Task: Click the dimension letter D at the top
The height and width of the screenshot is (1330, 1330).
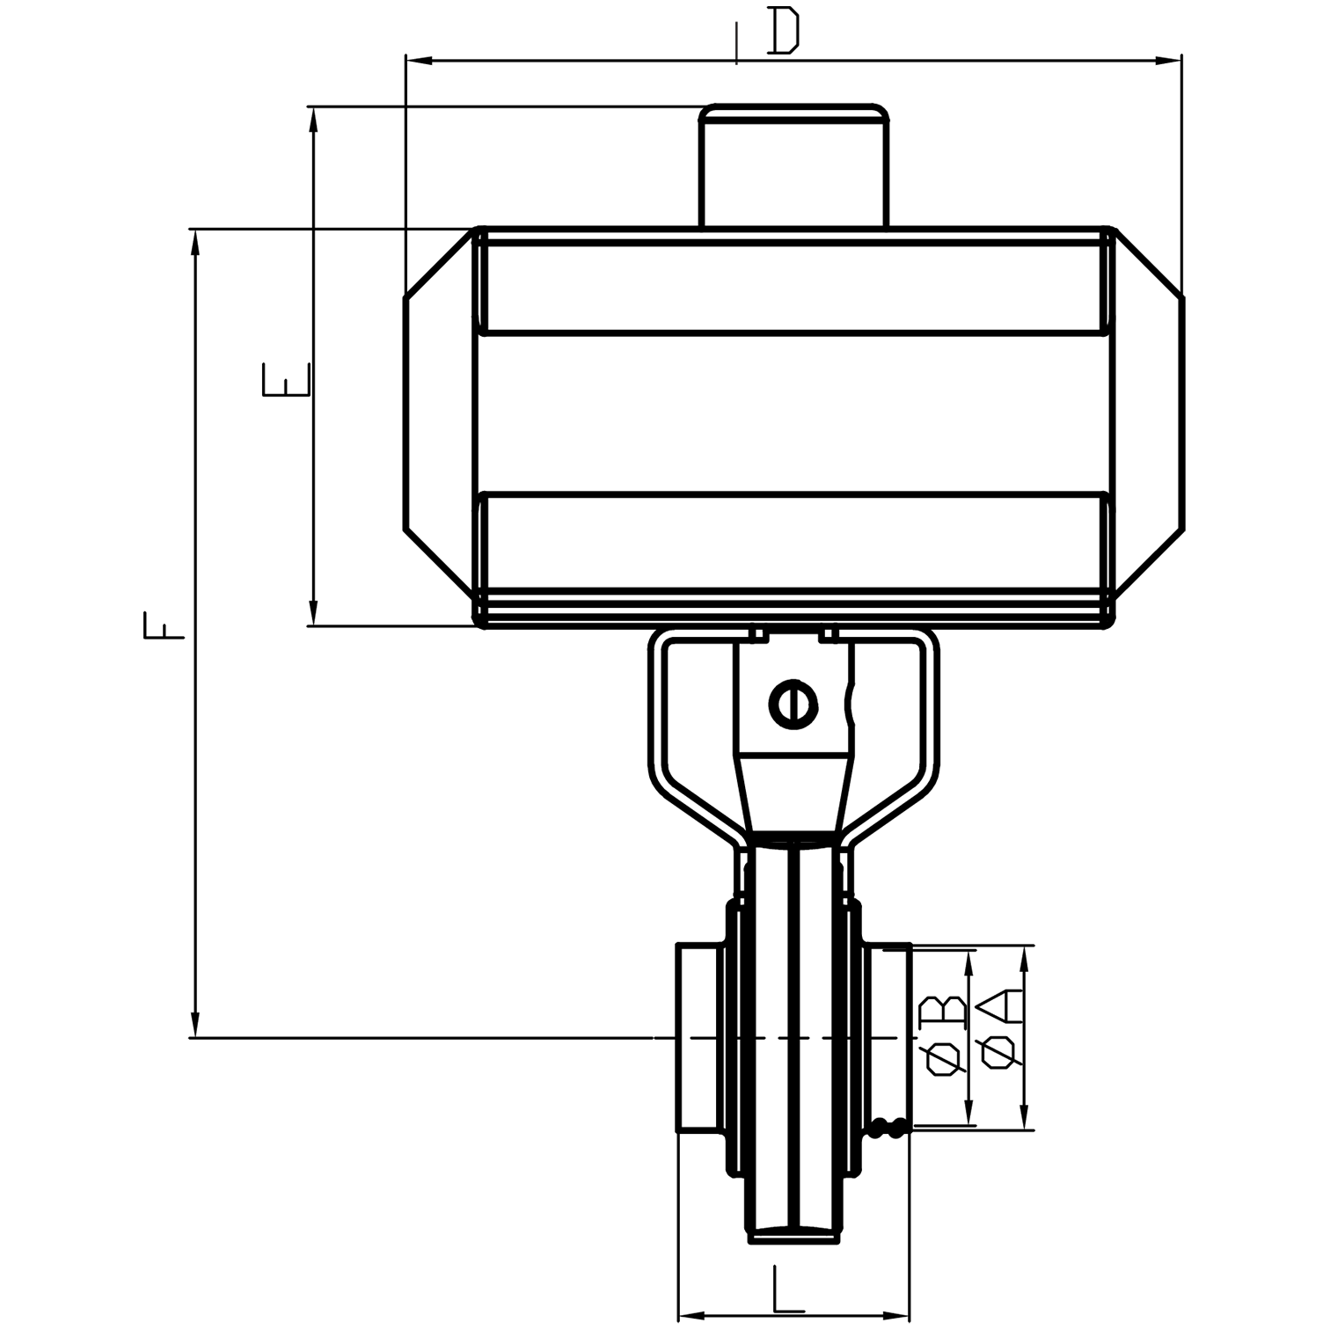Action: point(782,32)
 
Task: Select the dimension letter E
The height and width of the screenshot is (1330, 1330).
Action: point(286,378)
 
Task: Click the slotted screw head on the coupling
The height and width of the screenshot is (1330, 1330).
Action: point(793,704)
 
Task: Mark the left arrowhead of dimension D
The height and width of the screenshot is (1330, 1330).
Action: point(419,61)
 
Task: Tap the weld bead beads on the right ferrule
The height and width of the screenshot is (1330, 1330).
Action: point(887,1128)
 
